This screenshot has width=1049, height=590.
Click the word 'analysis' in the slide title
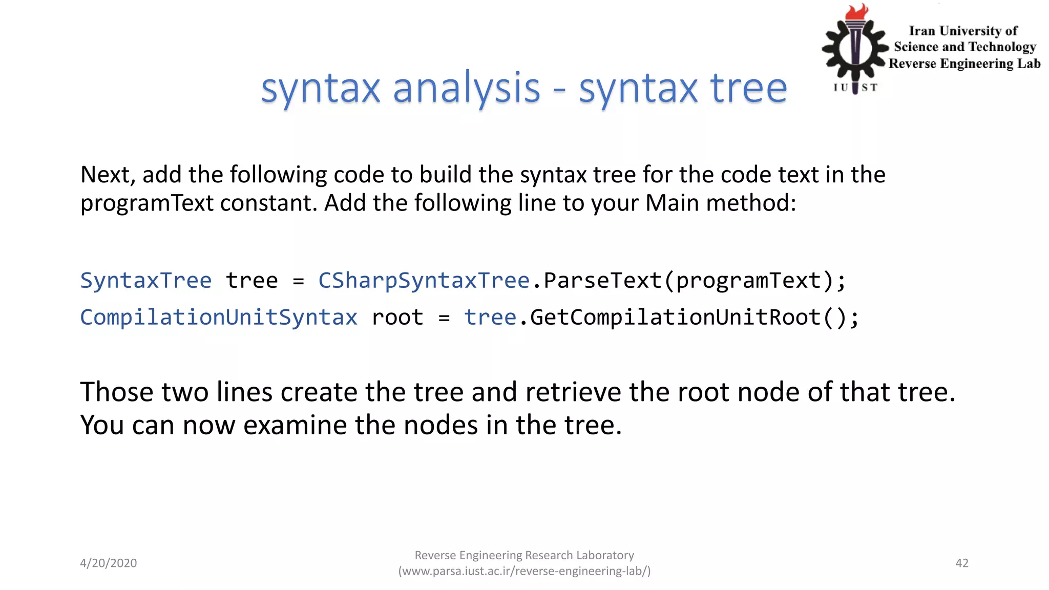pos(466,88)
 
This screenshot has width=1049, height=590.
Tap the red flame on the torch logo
pos(857,12)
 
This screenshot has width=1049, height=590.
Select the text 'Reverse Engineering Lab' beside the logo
pos(964,64)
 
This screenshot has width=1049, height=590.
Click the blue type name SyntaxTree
pos(146,281)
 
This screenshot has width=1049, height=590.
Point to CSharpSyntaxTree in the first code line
pos(424,281)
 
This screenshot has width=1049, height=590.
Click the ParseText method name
pos(602,281)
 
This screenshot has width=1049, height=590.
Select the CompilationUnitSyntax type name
pos(219,318)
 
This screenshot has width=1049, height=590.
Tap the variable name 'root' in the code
pos(397,318)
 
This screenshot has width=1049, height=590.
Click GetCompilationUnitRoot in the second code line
pos(675,318)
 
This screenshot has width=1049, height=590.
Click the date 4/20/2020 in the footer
pos(109,563)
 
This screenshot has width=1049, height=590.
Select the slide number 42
pos(961,563)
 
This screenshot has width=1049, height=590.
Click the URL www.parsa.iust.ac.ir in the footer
pos(524,571)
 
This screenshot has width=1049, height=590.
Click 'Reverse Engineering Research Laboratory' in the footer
pos(524,555)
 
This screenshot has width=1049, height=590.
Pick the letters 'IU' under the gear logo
pos(841,88)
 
